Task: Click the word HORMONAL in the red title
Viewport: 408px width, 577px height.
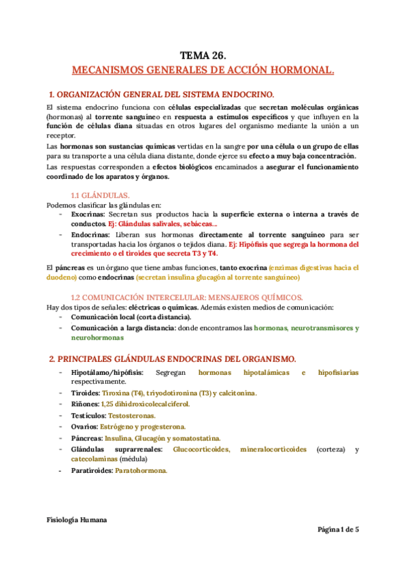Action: click(x=301, y=70)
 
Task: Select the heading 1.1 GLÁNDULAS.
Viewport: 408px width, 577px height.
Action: click(x=101, y=195)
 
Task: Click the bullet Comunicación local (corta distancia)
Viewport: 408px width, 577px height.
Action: click(x=131, y=317)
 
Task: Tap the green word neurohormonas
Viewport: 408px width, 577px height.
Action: click(x=97, y=337)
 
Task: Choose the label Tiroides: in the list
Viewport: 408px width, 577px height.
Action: click(x=86, y=393)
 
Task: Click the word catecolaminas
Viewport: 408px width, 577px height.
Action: click(x=95, y=459)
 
